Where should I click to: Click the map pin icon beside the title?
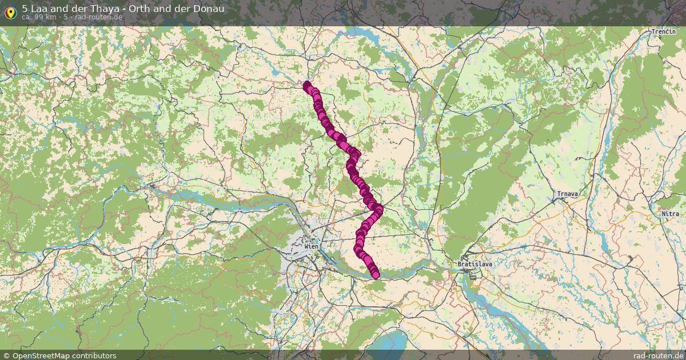click(10, 11)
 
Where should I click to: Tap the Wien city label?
click(312, 246)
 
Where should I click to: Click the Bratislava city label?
click(474, 265)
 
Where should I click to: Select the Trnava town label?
click(568, 194)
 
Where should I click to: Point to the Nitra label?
click(671, 214)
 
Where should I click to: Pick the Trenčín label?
click(664, 31)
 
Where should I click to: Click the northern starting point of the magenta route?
click(307, 86)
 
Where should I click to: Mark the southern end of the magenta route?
click(376, 275)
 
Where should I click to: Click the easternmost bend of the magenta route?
click(378, 209)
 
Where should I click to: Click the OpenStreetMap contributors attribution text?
click(64, 355)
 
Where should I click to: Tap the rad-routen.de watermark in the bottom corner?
click(659, 355)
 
